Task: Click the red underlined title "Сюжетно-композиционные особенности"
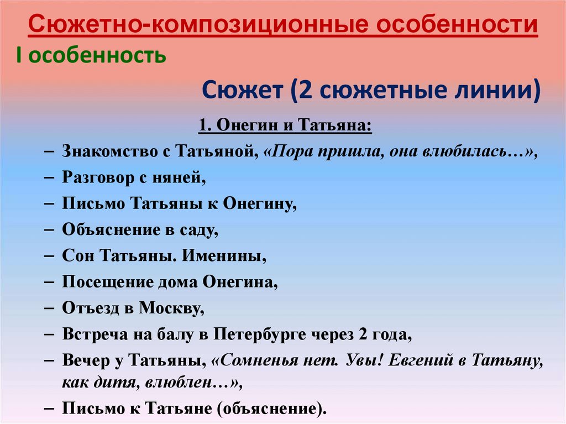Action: (x=283, y=25)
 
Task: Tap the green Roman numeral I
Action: (x=19, y=55)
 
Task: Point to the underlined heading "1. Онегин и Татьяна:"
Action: (x=285, y=125)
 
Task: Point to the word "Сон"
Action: (x=78, y=256)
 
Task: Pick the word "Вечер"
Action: (x=86, y=361)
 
